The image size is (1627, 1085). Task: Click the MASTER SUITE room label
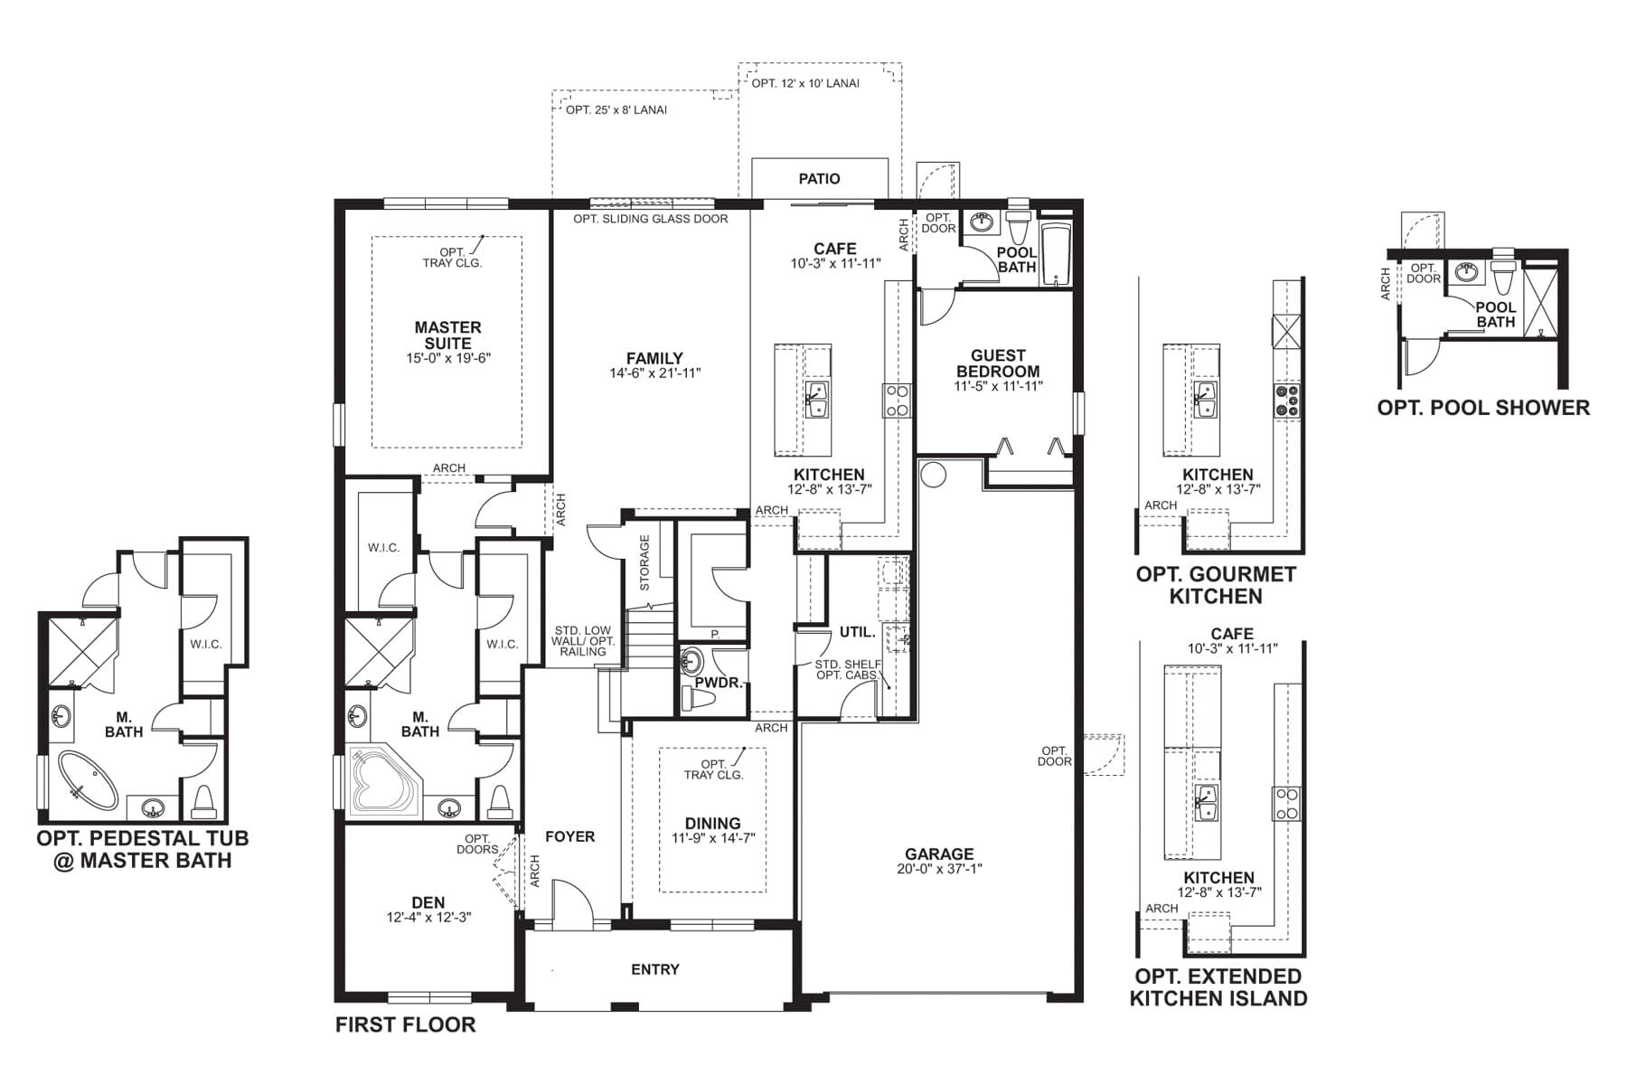tap(447, 335)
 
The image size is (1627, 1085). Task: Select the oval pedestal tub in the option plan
tap(88, 780)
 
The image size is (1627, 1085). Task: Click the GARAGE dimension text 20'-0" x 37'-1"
tap(939, 869)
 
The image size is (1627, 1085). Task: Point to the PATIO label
tap(819, 179)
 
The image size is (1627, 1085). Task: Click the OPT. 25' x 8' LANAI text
tap(616, 110)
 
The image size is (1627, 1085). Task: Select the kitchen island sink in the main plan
tap(818, 398)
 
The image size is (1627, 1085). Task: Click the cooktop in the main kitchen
tap(898, 400)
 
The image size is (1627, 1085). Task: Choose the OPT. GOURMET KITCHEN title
tap(1216, 585)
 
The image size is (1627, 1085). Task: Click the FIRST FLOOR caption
tap(405, 1024)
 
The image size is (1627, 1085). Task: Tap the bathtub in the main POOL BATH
tap(1055, 255)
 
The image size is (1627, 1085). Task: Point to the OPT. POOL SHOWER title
tap(1482, 408)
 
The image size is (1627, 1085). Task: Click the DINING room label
tap(712, 823)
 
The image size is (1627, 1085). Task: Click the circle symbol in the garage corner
tap(933, 474)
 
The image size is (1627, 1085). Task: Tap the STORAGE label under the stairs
tap(644, 562)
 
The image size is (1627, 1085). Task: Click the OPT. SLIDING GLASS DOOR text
tap(650, 219)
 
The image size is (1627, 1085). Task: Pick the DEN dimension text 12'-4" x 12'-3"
tap(428, 918)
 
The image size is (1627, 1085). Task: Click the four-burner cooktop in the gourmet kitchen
tap(1287, 401)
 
